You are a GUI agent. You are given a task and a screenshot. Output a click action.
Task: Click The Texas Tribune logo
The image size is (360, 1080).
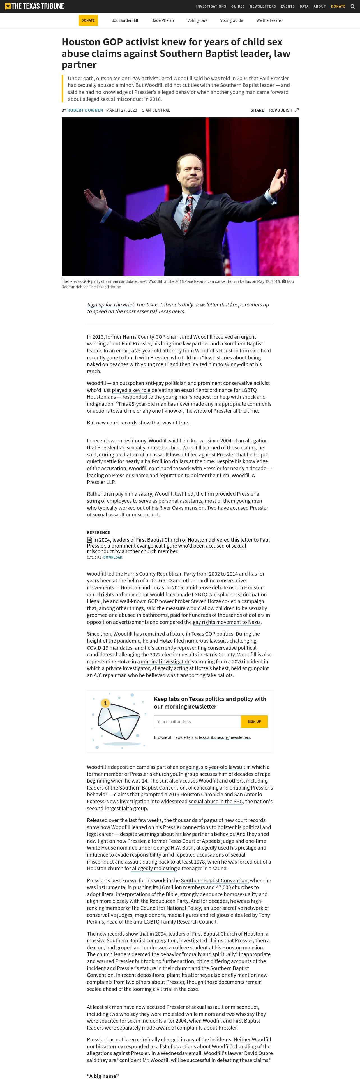tap(34, 6)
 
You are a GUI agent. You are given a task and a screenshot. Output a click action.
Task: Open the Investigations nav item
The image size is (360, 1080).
tap(211, 6)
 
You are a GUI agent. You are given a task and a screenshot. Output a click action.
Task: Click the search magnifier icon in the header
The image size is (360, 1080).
tap(352, 6)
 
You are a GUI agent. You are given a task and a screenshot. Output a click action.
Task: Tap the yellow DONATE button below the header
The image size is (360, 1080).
tap(88, 20)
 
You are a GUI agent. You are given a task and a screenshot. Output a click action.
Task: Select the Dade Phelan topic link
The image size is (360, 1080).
tap(163, 20)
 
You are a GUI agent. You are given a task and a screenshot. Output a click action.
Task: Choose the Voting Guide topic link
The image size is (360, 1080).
tap(231, 20)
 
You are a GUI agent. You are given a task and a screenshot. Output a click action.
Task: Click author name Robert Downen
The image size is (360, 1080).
tap(85, 110)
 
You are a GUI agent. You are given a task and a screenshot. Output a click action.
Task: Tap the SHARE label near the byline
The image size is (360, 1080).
tap(257, 110)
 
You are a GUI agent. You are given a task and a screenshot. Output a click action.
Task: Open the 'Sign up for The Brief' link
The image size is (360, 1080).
tap(110, 304)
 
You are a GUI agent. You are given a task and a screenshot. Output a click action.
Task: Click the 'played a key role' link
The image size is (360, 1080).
tap(131, 390)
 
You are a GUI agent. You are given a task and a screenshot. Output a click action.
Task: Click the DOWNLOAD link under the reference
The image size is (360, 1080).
tap(113, 557)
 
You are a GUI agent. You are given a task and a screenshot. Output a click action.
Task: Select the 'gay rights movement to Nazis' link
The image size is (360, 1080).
tap(226, 622)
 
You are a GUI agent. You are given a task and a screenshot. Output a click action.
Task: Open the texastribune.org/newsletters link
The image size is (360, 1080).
tap(224, 737)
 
